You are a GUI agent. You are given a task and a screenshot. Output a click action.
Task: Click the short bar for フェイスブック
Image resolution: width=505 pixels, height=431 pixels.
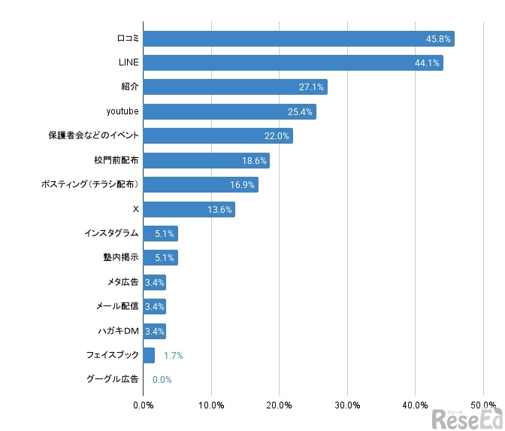point(149,355)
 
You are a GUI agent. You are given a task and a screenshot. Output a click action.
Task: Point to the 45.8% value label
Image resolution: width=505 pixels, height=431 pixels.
point(439,39)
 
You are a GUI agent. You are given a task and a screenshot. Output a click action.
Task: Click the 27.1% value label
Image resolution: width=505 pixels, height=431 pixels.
point(311,87)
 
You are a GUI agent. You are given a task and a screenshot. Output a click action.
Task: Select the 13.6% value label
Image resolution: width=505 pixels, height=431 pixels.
point(219,210)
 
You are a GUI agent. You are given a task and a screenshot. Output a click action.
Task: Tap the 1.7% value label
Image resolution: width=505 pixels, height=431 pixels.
point(173,355)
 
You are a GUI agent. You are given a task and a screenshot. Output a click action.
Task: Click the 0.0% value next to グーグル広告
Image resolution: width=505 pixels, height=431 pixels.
point(162,380)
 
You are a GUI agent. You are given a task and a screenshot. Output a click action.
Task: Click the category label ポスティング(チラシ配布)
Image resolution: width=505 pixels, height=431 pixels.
point(89,185)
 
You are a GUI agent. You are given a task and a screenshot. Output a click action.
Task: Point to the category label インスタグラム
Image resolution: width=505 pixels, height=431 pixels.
point(111,233)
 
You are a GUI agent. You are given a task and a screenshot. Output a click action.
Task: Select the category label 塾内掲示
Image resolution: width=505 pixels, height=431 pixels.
point(121,258)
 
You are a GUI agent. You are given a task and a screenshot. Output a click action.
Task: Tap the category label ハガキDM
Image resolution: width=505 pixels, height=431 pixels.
point(118,331)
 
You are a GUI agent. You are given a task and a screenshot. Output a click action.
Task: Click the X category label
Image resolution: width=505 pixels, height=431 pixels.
point(135,209)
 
